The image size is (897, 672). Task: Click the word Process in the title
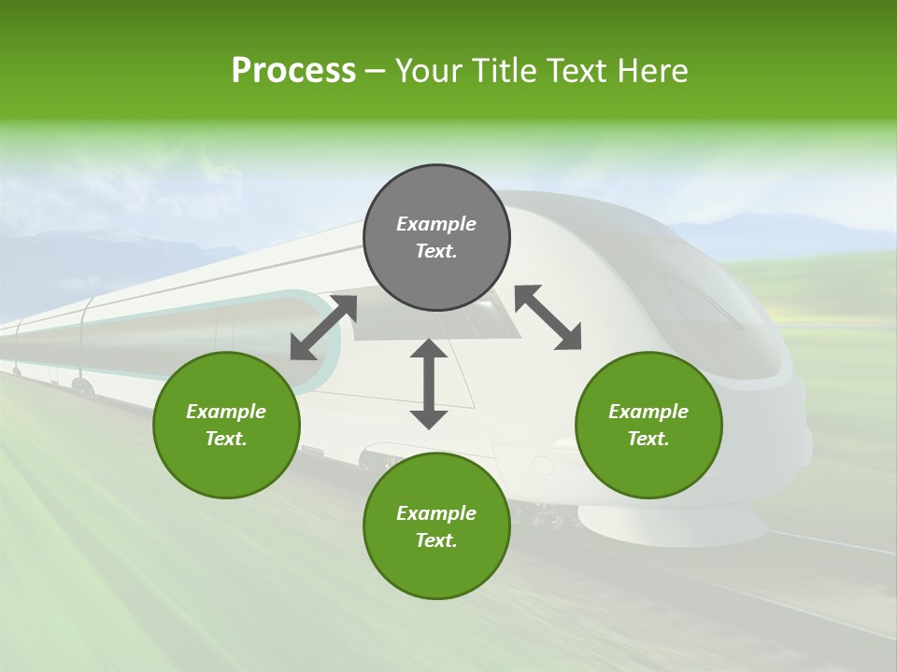click(293, 71)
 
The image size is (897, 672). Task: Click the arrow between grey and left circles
click(323, 328)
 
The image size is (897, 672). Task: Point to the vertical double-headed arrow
click(429, 384)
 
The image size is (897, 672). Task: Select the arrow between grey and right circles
click(548, 317)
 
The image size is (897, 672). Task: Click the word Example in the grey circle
click(436, 224)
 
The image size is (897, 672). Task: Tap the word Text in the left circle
click(226, 439)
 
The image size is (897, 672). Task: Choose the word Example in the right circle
click(648, 412)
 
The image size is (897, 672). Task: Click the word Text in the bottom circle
click(436, 540)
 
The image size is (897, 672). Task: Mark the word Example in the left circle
click(226, 412)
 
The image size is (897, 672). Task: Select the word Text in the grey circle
click(436, 251)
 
